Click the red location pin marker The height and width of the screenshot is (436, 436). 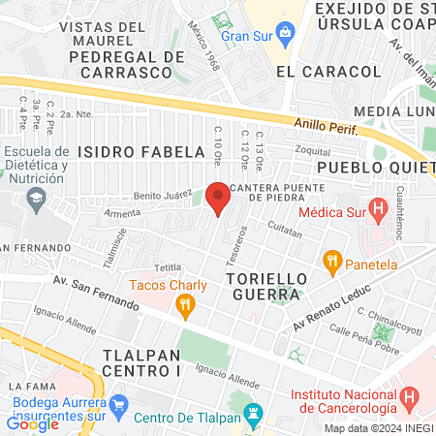[x=218, y=197]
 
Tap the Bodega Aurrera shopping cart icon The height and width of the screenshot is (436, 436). [x=118, y=402]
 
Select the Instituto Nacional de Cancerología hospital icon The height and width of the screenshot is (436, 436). [x=410, y=396]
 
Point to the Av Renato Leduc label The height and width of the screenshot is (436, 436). [x=327, y=308]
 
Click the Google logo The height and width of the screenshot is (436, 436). [x=32, y=423]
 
